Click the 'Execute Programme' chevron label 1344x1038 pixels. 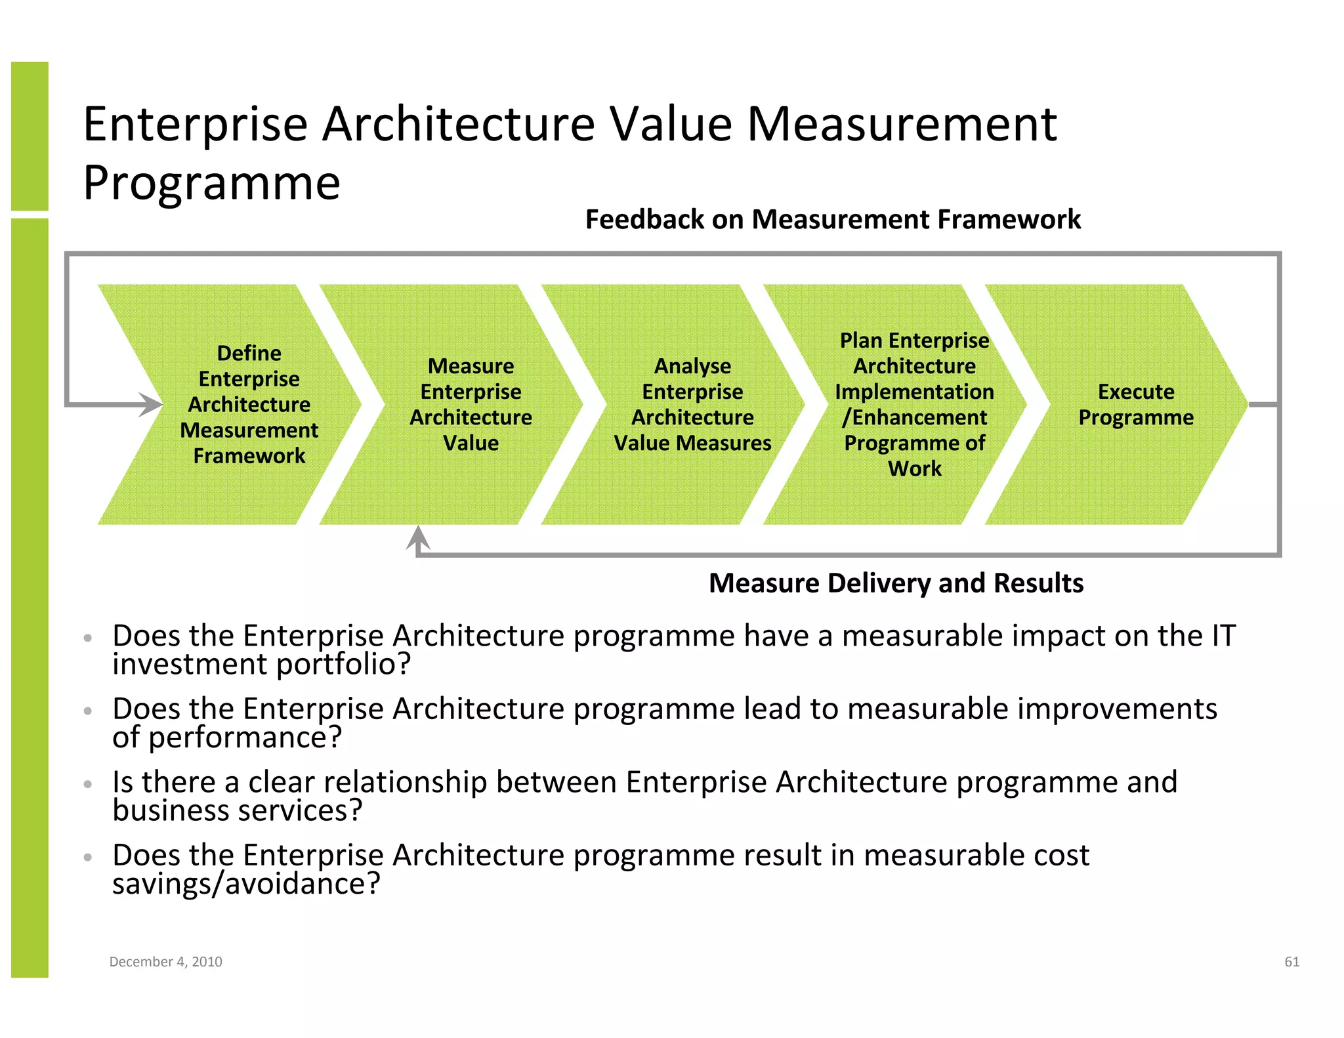click(1136, 404)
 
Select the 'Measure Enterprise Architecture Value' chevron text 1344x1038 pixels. click(471, 404)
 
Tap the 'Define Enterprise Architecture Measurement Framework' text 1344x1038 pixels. click(249, 404)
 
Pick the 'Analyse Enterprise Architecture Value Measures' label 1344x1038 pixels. click(692, 404)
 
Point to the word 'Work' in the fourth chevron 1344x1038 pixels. click(914, 468)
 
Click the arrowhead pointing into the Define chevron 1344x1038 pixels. click(152, 404)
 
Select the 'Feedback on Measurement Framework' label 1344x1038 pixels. click(832, 219)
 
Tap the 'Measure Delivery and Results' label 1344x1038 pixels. click(896, 583)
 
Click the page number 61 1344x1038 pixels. click(1291, 961)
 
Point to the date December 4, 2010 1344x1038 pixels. click(165, 961)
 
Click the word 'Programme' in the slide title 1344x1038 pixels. click(211, 183)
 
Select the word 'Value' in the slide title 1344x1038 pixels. click(671, 124)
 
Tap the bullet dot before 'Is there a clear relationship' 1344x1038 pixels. click(88, 783)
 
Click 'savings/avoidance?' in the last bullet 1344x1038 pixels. click(246, 884)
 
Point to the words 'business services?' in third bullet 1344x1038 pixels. click(237, 810)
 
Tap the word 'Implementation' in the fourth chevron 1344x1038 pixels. click(914, 392)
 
